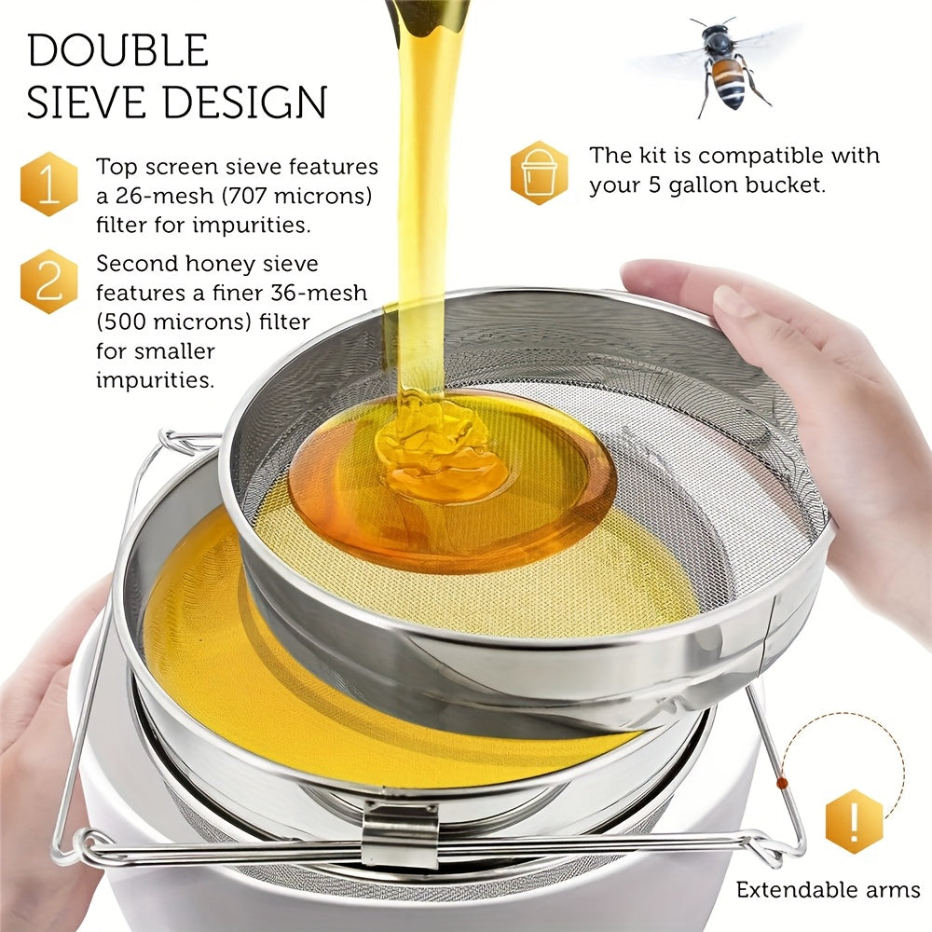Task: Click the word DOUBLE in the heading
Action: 117,50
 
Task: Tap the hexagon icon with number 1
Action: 48,184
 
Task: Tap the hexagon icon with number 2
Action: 48,281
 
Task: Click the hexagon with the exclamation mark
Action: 854,821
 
